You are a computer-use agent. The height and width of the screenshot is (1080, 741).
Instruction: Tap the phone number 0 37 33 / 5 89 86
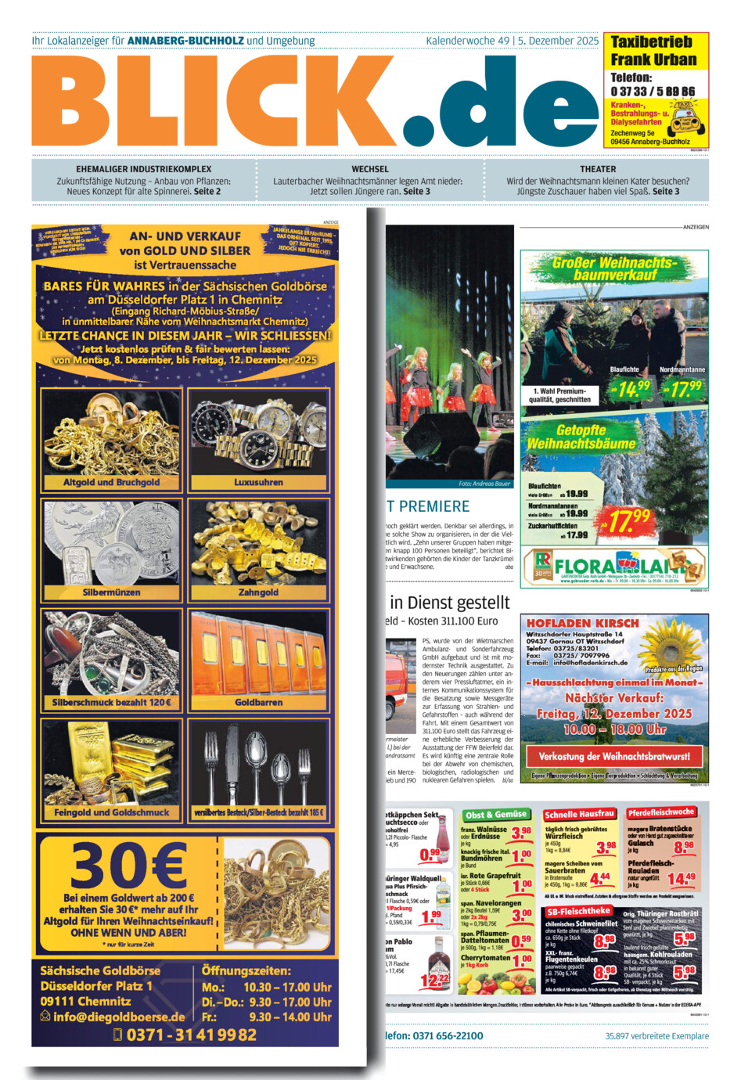pyautogui.click(x=653, y=92)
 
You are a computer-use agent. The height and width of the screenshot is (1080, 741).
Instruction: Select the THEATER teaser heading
pyautogui.click(x=598, y=169)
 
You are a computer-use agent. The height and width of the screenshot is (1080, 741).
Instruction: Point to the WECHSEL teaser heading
pyautogui.click(x=370, y=169)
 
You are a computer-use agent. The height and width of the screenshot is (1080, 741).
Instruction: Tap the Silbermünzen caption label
pyautogui.click(x=111, y=592)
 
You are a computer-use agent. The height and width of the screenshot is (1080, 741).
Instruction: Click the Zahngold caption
pyautogui.click(x=258, y=592)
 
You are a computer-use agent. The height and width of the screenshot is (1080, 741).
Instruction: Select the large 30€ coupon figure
pyautogui.click(x=128, y=864)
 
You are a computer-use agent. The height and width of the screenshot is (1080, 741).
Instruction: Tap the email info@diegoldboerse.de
pyautogui.click(x=119, y=1017)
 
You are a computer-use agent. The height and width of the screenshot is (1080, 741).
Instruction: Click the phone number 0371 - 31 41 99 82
pyautogui.click(x=191, y=1035)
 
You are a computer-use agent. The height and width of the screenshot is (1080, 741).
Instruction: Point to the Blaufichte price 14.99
pyautogui.click(x=631, y=387)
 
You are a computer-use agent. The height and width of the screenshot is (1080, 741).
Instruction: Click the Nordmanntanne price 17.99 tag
pyautogui.click(x=682, y=387)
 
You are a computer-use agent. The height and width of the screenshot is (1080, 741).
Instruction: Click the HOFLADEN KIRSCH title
pyautogui.click(x=582, y=623)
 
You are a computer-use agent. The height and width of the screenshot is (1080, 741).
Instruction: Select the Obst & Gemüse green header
pyautogui.click(x=496, y=815)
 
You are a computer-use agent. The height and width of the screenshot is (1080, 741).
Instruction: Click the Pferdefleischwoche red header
pyautogui.click(x=660, y=812)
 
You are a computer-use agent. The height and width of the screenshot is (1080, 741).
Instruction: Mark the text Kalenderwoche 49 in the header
pyautogui.click(x=467, y=41)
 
